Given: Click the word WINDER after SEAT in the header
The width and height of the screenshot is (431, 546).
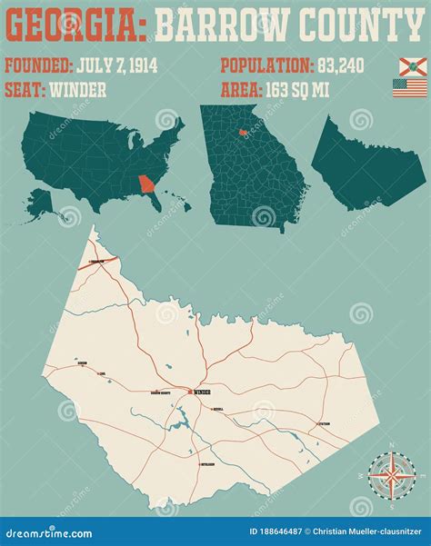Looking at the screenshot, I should pyautogui.click(x=80, y=89).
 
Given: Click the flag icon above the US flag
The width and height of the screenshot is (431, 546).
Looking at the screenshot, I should pyautogui.click(x=412, y=66).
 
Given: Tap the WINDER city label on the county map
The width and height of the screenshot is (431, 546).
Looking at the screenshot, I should pyautogui.click(x=201, y=393).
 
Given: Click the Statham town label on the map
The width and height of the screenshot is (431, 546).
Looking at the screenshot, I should pyautogui.click(x=325, y=424).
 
